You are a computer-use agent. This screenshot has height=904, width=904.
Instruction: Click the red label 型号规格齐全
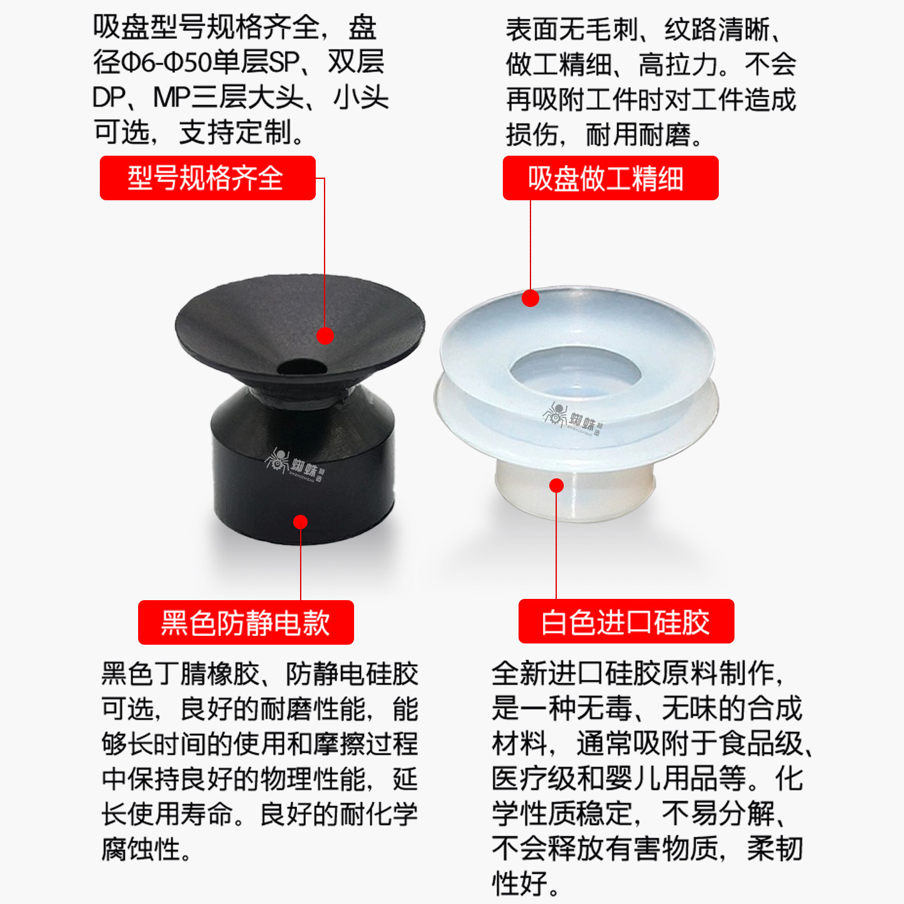207,178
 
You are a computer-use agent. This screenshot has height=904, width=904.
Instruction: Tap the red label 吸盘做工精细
610,178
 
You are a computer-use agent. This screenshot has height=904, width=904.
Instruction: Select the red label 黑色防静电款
245,622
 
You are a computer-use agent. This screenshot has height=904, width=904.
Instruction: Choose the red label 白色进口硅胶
626,621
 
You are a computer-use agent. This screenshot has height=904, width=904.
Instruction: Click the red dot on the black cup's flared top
325,336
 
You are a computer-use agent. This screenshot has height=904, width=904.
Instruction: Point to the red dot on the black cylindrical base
300,522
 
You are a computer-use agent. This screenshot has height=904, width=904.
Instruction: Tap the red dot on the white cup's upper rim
530,298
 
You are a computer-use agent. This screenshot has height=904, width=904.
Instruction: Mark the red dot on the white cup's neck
556,485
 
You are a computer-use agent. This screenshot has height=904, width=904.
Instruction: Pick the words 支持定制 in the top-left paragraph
235,132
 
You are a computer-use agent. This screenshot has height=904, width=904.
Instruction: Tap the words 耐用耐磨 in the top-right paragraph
638,134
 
